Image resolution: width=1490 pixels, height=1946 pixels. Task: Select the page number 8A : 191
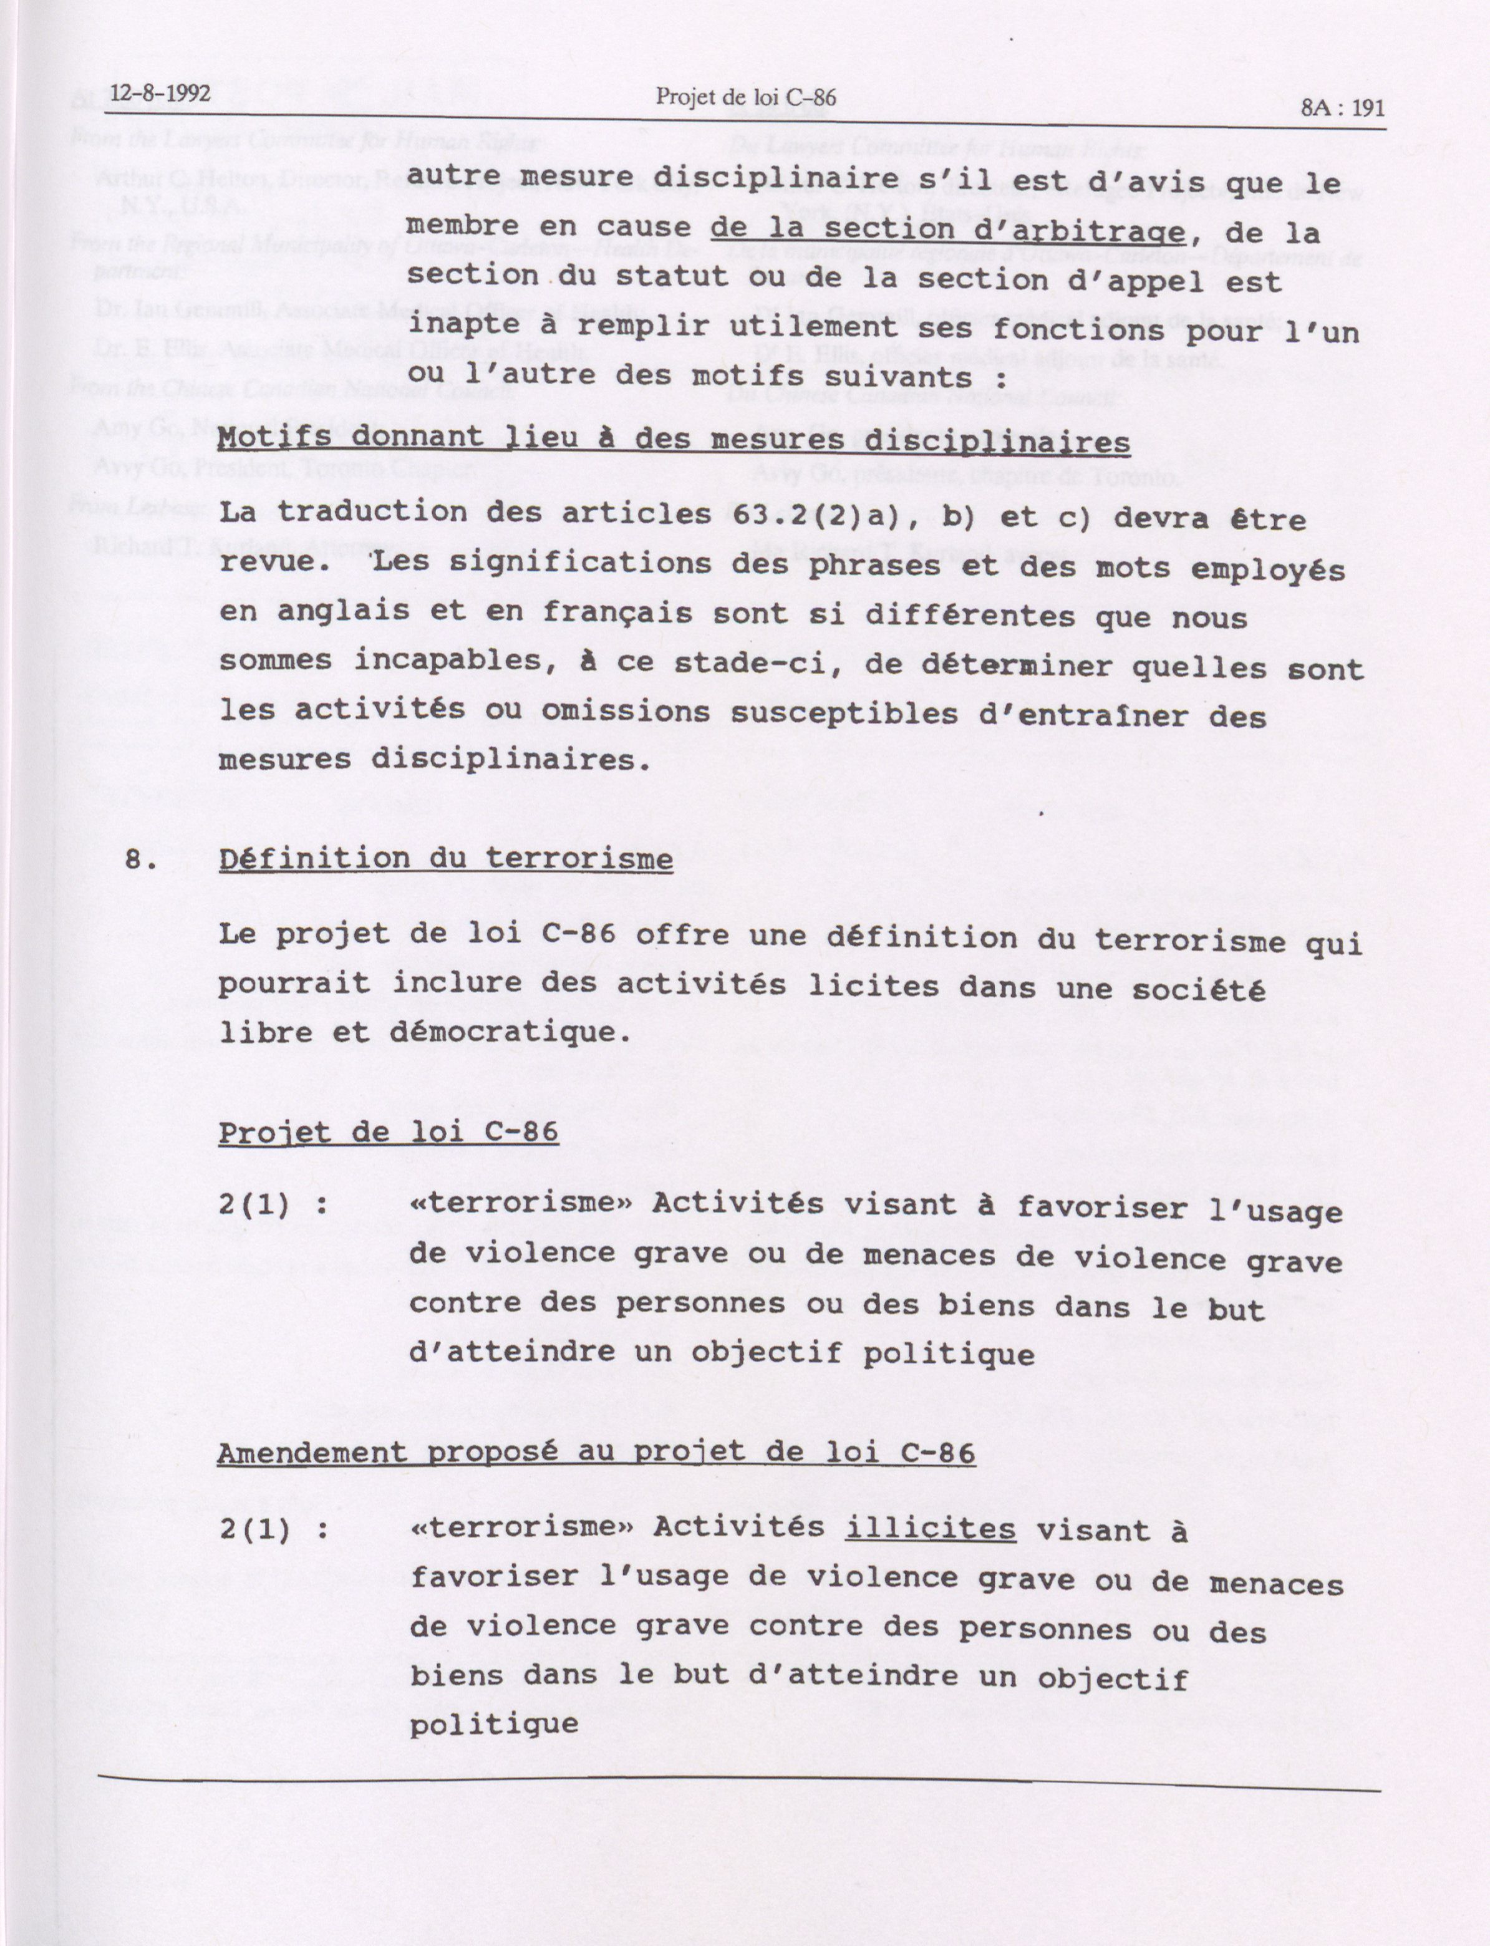[x=1343, y=108]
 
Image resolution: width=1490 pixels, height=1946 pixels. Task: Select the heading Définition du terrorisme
[x=445, y=859]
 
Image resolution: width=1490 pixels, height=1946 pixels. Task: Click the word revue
[x=264, y=563]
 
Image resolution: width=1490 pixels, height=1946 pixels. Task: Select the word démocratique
[x=510, y=1032]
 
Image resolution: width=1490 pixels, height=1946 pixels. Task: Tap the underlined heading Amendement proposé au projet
[x=596, y=1452]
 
